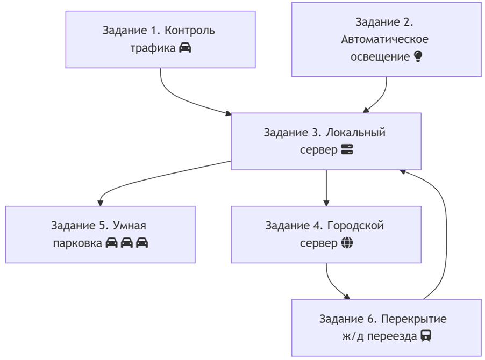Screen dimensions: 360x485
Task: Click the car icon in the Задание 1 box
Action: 185,48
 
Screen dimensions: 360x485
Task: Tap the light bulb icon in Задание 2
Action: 418,56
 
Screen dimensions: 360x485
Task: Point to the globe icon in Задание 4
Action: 347,243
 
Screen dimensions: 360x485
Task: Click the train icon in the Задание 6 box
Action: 426,336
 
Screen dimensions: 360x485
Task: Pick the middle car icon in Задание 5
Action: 127,243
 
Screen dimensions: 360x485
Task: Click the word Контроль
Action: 190,31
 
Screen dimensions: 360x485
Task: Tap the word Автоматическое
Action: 385,39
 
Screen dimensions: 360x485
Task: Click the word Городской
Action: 358,226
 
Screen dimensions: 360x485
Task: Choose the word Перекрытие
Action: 413,319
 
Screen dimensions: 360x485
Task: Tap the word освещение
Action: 380,57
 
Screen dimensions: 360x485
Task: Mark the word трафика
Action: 153,48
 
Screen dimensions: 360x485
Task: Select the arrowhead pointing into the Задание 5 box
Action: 100,203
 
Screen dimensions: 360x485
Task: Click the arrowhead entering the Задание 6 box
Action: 348,297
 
